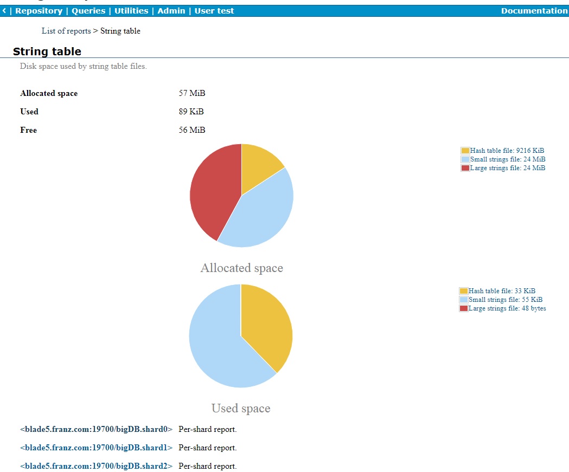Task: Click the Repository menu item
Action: tap(39, 11)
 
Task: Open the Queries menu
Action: tap(88, 11)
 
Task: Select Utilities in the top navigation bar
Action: tap(131, 11)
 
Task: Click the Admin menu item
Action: tap(171, 11)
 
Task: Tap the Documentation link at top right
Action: tap(534, 11)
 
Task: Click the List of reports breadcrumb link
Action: tap(66, 31)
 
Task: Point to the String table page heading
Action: tap(47, 51)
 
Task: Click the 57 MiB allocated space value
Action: tap(192, 93)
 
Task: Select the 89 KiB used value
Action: tap(191, 112)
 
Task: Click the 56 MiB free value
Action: tap(192, 130)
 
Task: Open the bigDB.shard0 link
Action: tap(96, 429)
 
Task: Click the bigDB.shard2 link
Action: tap(96, 466)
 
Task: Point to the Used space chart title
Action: tap(241, 408)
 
